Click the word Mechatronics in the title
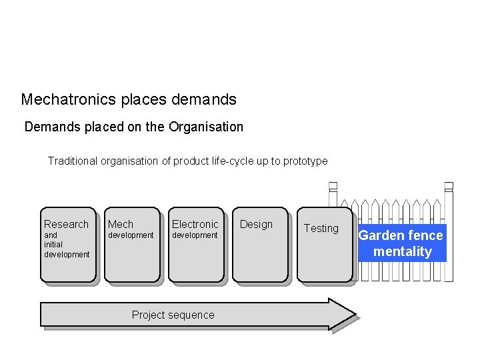point(61,100)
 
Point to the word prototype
point(305,161)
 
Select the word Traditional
point(73,161)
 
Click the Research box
point(69,245)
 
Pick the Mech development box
point(131,245)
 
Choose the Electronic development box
point(195,245)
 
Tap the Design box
point(260,245)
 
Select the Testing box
point(324,245)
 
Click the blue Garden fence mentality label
point(401,243)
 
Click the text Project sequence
point(173,315)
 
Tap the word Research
point(66,224)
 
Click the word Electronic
point(195,224)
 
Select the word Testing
point(321,228)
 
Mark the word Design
point(256,224)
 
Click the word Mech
point(121,224)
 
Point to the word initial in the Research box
point(53,245)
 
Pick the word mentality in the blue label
point(402,251)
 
